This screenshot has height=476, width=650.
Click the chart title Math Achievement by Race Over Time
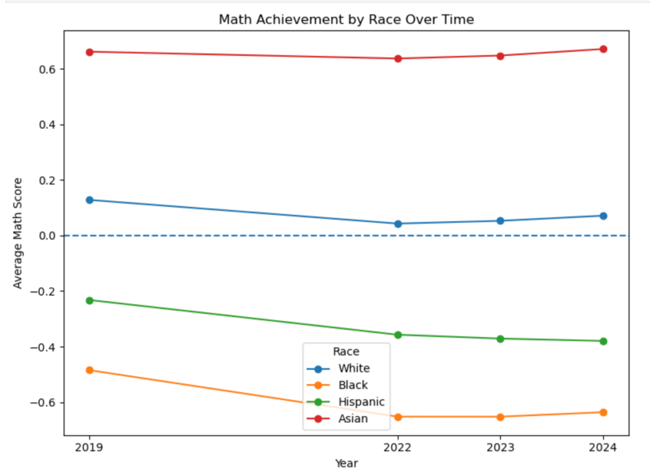346,20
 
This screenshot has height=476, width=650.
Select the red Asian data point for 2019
90,52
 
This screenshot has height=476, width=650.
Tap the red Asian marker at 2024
603,49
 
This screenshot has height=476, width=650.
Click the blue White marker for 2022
398,223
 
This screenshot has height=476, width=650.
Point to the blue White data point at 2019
90,200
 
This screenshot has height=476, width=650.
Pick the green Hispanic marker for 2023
500,338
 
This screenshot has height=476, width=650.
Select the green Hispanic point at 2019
90,300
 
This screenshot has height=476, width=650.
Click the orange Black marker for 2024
603,413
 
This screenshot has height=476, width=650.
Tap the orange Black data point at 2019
90,370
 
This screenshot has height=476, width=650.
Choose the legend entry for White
354,368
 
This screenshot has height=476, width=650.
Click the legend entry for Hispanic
361,401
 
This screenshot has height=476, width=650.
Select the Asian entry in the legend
353,418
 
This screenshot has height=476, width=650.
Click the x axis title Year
346,464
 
